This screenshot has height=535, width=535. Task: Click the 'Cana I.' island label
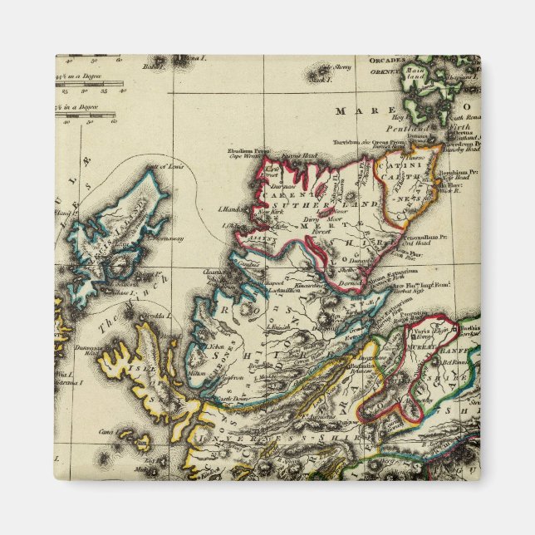[106, 432]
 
